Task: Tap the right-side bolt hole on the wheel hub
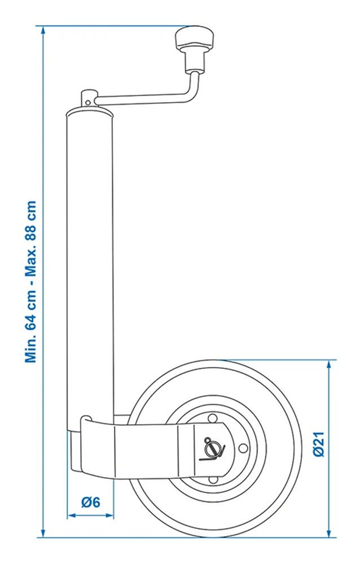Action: pyautogui.click(x=243, y=448)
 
